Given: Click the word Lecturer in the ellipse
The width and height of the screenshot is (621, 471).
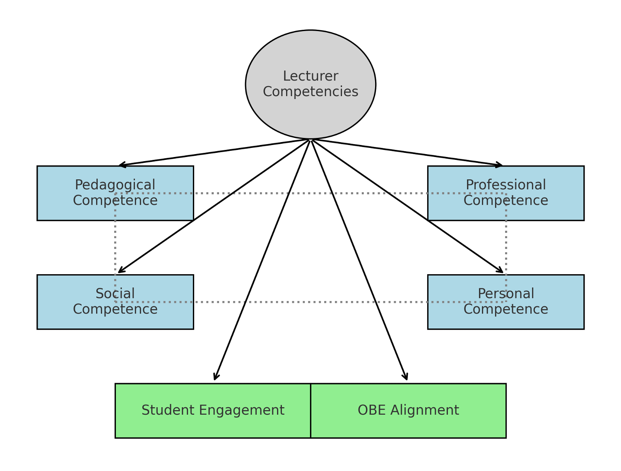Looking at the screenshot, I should click(310, 76).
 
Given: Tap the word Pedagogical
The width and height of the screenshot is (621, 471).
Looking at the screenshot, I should click(115, 185).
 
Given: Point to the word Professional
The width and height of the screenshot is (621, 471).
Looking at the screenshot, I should click(505, 185).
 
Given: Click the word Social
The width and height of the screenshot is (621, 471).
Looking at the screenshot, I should click(115, 294).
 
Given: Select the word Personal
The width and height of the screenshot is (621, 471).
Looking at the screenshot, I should click(505, 294).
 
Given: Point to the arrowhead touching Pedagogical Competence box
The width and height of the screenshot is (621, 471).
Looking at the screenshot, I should click(121, 165).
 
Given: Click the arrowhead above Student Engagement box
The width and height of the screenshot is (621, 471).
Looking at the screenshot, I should click(215, 378).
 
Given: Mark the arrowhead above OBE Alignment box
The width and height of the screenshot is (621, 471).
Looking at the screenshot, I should click(406, 378).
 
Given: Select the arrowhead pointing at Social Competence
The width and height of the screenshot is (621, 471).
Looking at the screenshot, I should click(120, 271).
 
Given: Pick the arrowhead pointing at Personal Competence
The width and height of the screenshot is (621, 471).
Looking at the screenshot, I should click(501, 271).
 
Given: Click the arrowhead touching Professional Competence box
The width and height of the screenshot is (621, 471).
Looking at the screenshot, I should click(500, 165).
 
